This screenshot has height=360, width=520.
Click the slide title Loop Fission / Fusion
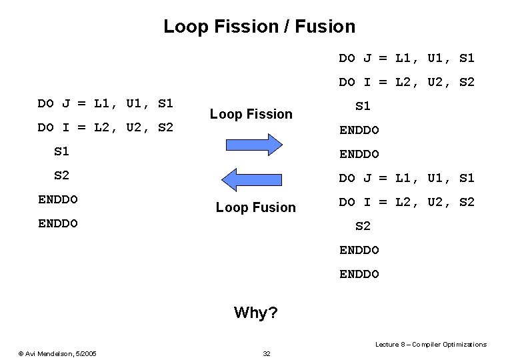coord(259,27)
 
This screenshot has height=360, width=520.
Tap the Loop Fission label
coord(251,114)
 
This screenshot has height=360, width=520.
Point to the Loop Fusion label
coord(255,207)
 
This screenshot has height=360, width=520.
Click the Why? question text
coord(256,312)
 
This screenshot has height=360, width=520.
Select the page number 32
coord(267,353)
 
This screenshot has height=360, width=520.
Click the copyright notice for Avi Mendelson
coord(57,353)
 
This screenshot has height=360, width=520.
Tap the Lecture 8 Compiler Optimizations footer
coord(431,344)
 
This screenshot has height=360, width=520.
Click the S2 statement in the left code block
coord(61,175)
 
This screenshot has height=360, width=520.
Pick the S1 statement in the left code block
coord(61,151)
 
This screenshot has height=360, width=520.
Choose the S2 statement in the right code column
coord(363,226)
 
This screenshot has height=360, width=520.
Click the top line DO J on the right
coord(407,58)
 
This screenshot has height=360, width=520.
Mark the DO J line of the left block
coord(105,103)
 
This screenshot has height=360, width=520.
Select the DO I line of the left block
coord(105,127)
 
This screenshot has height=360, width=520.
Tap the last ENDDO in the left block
coord(58,223)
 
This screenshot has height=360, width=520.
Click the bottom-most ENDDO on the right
coord(359,274)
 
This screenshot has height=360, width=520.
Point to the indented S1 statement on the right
coord(363,106)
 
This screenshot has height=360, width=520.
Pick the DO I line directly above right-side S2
coord(407,202)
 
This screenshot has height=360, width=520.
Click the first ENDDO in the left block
coord(58,199)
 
